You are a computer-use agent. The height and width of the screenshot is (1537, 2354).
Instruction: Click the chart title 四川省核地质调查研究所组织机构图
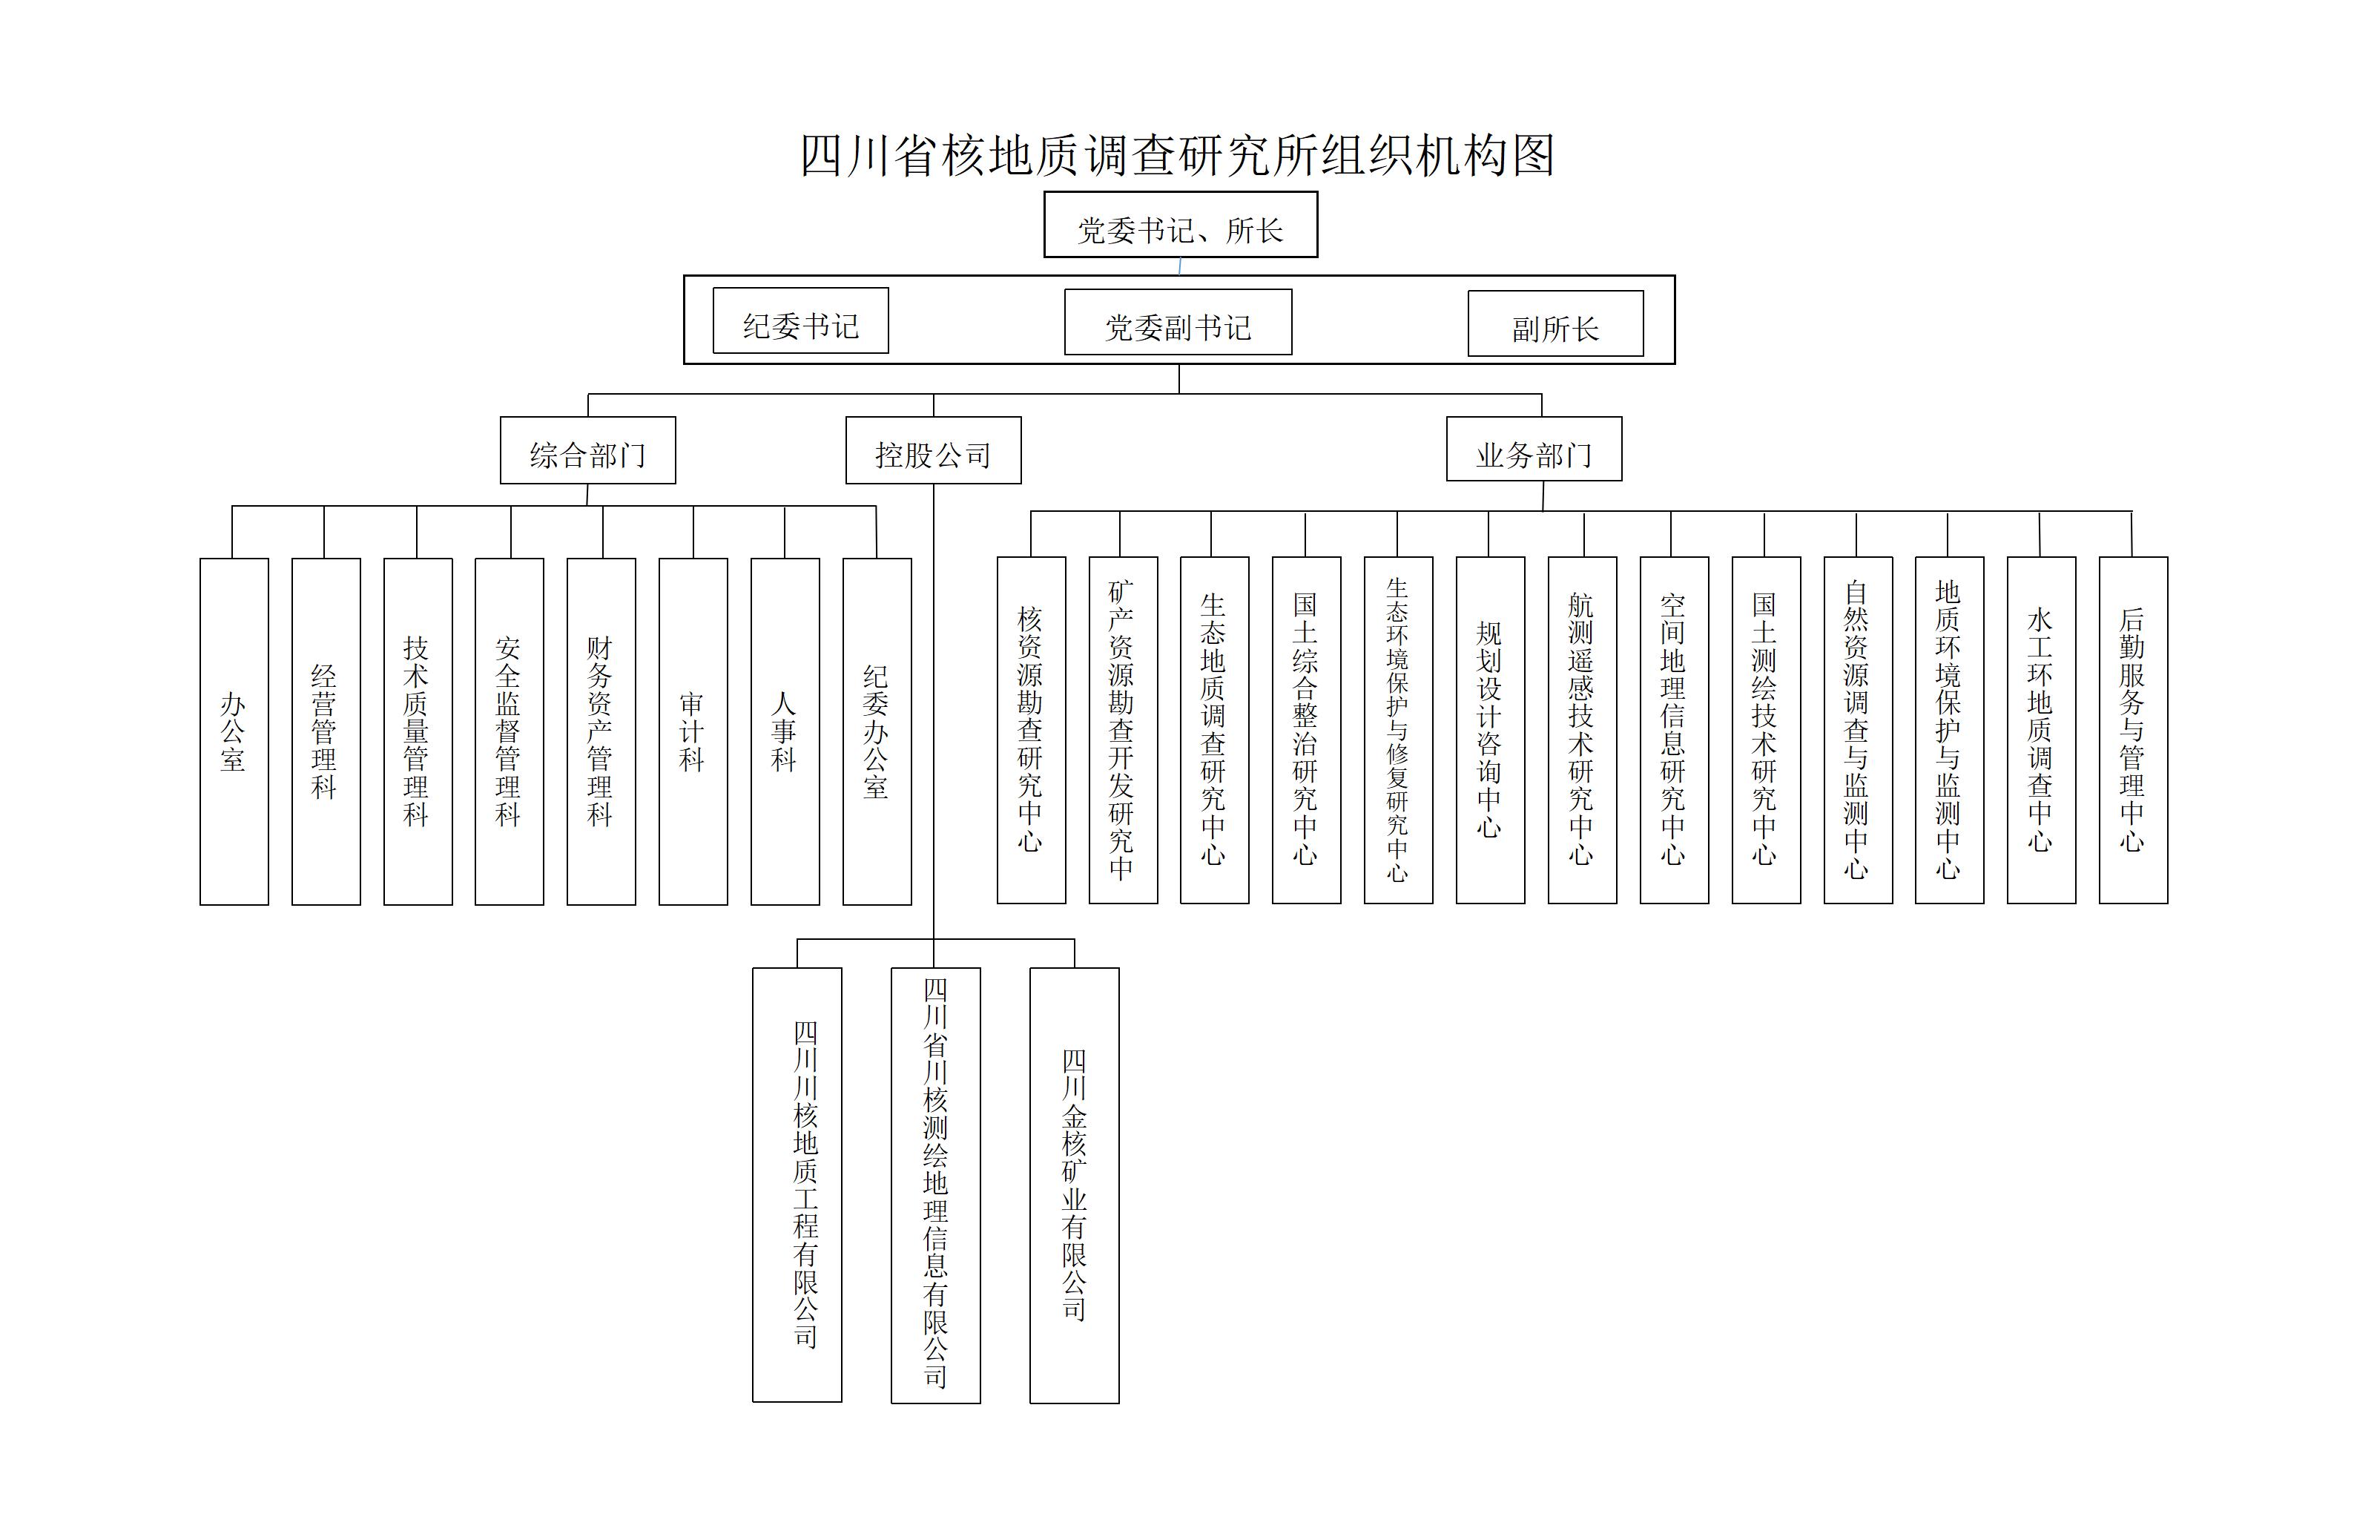click(x=1177, y=155)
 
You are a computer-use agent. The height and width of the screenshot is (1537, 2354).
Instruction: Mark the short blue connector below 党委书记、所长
click(x=1180, y=266)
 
